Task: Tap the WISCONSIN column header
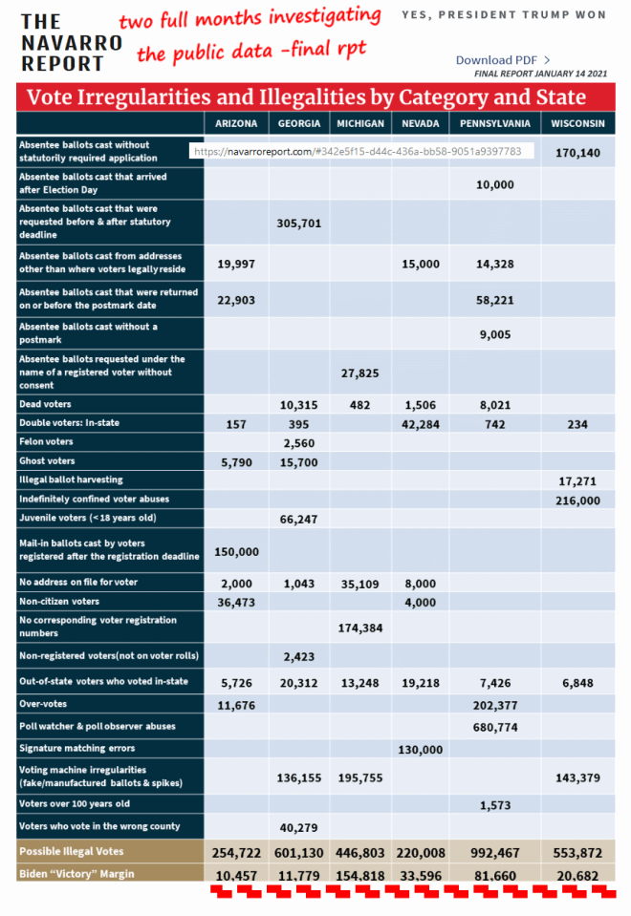(x=577, y=123)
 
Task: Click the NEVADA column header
(x=420, y=123)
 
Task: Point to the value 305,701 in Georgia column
(x=298, y=223)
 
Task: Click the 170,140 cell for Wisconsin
(x=577, y=152)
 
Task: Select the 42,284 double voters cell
(x=420, y=423)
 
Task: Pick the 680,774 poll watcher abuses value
(x=494, y=727)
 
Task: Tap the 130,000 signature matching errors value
(x=420, y=749)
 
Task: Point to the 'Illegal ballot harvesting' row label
(x=71, y=479)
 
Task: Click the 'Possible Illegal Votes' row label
(x=73, y=851)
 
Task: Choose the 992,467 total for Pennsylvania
(x=494, y=852)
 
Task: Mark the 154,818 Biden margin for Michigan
(x=359, y=874)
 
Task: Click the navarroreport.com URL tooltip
(x=357, y=151)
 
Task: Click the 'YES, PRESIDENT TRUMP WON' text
(x=503, y=15)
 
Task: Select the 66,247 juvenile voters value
(x=298, y=518)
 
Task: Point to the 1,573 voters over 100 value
(x=494, y=804)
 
